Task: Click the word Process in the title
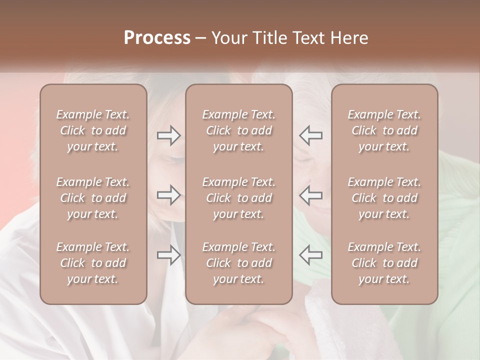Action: [157, 38]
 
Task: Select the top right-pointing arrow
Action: [169, 135]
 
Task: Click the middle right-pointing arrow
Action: [169, 195]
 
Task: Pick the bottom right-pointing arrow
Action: [169, 255]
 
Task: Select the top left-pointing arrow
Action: [311, 135]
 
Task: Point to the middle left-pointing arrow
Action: [311, 195]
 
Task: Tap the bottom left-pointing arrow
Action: [311, 255]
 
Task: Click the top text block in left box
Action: [93, 130]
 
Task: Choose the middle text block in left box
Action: [93, 198]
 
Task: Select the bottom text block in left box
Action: [93, 263]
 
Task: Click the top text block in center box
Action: [239, 130]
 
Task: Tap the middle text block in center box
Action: [239, 198]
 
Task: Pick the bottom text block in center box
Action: [239, 263]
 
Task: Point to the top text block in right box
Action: [384, 130]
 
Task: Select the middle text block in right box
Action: [384, 198]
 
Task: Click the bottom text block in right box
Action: [384, 263]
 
